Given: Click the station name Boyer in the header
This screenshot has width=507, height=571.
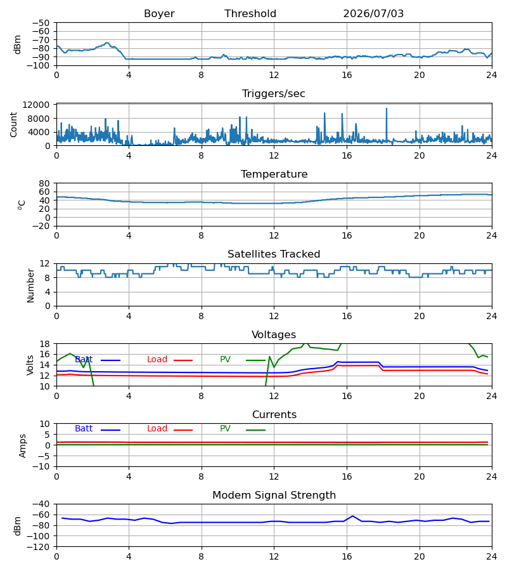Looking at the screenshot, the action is tap(159, 14).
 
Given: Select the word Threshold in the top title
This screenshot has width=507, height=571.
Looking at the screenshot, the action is tap(250, 14).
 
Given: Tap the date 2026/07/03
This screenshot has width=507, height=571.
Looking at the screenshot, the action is tap(373, 14).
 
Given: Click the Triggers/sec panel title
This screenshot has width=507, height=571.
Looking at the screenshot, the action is tap(274, 94).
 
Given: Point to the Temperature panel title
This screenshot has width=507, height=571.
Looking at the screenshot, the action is tap(274, 174).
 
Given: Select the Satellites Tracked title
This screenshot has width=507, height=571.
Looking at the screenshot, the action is tap(274, 254).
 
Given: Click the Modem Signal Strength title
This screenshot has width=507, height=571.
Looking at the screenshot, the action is tap(274, 496).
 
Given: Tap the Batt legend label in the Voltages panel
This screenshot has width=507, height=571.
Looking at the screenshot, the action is tap(84, 360).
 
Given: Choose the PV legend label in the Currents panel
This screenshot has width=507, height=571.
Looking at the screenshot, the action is tap(225, 429).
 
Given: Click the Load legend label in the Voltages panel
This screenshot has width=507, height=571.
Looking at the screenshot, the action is tap(157, 360).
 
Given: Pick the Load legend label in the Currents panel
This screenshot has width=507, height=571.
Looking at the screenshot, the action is tap(157, 429).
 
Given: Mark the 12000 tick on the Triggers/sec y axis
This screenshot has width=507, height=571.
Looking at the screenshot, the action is tap(36, 105).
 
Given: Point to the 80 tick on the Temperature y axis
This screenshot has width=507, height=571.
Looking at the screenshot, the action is tap(44, 183).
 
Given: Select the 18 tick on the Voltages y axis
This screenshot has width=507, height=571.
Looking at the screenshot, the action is tap(44, 344).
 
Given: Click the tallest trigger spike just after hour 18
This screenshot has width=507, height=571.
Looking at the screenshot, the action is tap(387, 108).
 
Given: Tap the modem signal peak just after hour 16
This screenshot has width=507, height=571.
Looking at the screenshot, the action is tap(352, 516).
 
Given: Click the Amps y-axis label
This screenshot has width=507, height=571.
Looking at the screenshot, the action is tap(23, 445).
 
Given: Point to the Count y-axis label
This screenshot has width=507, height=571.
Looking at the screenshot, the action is tap(14, 124).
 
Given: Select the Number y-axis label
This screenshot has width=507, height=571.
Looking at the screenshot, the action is tap(30, 285).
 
